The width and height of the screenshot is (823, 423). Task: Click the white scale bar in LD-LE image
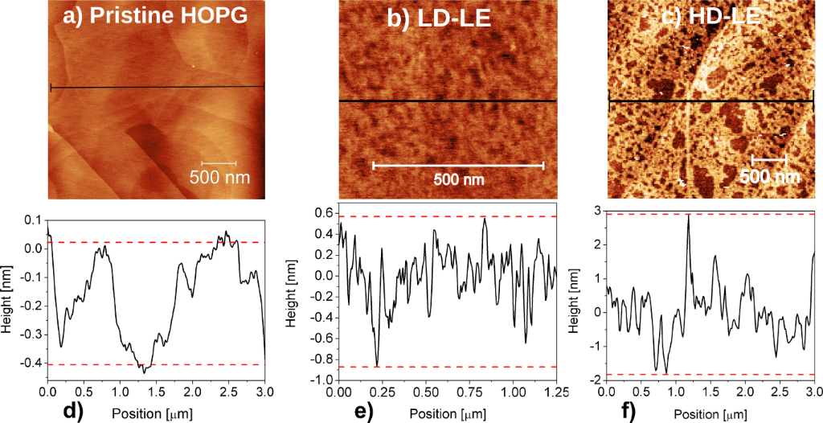click(x=458, y=166)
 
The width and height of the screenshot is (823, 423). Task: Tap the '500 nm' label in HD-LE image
click(x=769, y=176)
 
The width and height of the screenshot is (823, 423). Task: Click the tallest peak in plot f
click(x=688, y=216)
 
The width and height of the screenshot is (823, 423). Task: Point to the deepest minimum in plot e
click(x=377, y=366)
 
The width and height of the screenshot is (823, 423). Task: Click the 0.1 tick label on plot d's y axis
click(x=31, y=220)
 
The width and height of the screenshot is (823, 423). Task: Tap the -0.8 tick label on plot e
click(x=322, y=359)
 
